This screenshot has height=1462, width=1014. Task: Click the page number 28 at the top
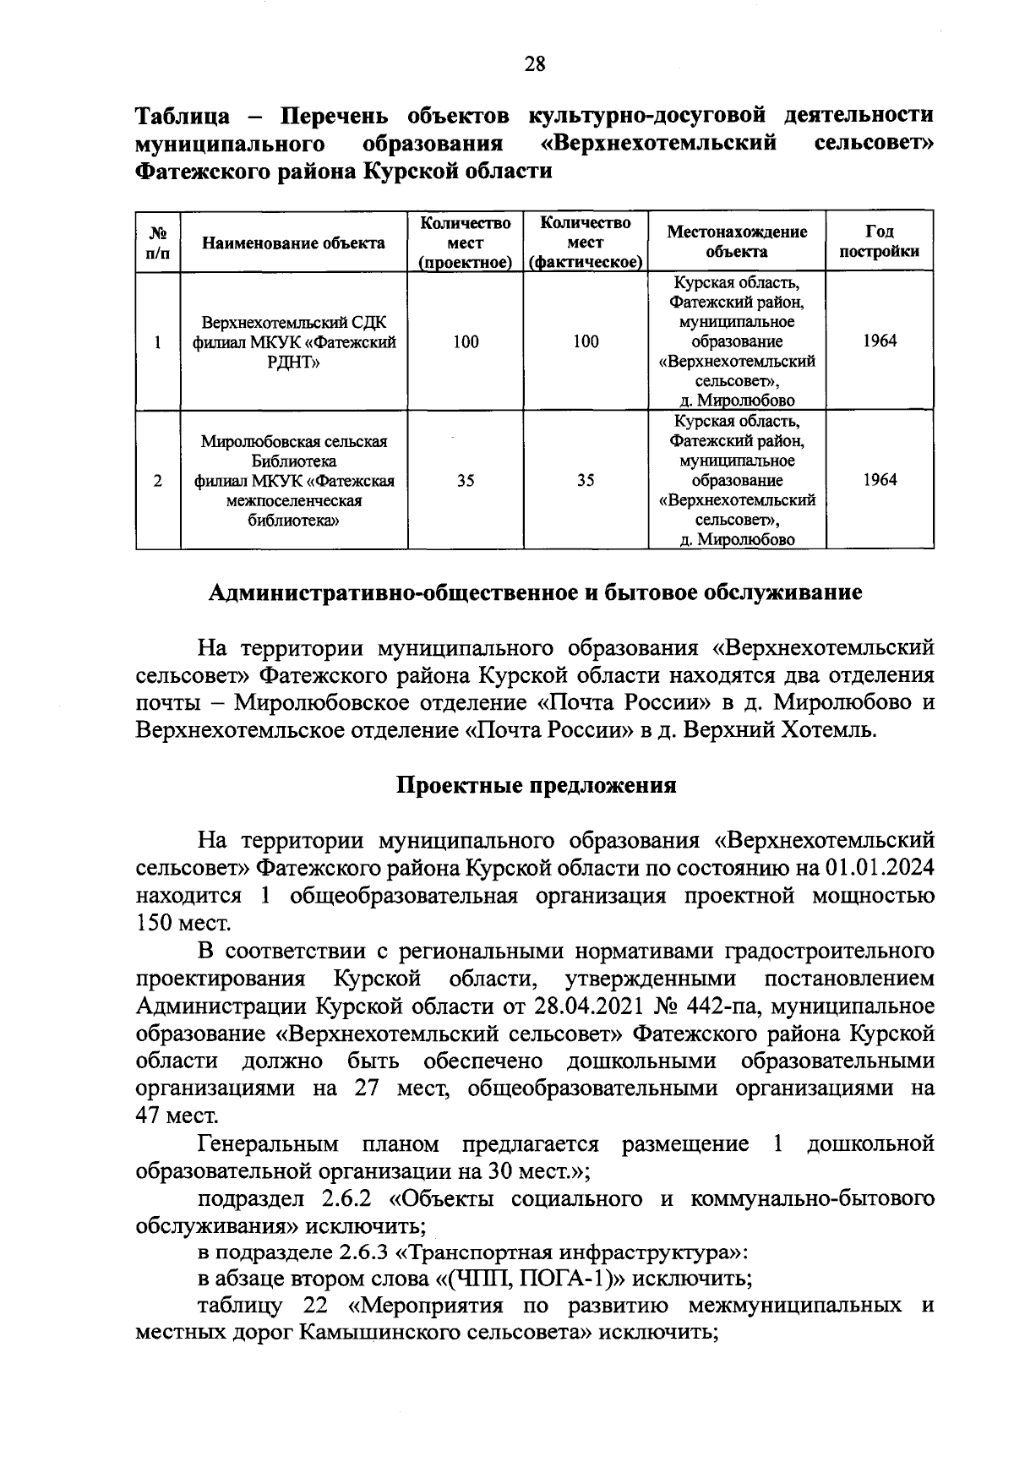(x=535, y=64)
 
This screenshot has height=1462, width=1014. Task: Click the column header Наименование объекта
(x=294, y=243)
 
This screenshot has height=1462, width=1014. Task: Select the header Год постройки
(x=880, y=242)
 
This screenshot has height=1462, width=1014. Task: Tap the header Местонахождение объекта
(x=737, y=242)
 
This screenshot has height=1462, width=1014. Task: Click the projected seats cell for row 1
(x=465, y=342)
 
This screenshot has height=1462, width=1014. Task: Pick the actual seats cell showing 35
(x=586, y=481)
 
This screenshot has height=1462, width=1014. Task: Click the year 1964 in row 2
(x=880, y=481)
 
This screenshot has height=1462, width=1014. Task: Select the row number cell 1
(x=158, y=342)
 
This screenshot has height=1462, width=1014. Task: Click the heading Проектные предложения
(x=537, y=785)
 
